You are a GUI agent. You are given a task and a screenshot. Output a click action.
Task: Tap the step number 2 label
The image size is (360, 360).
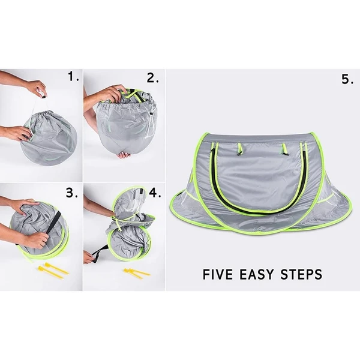[x=153, y=77]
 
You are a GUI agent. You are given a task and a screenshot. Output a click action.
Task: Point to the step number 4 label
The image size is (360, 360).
[x=154, y=193]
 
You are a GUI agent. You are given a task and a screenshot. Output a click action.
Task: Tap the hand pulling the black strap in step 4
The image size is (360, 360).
[x=90, y=256]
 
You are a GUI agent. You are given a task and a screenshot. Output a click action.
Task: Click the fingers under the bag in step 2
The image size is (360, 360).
[x=124, y=154]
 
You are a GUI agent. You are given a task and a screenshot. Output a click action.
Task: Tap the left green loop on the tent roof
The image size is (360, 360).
[x=239, y=148]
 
